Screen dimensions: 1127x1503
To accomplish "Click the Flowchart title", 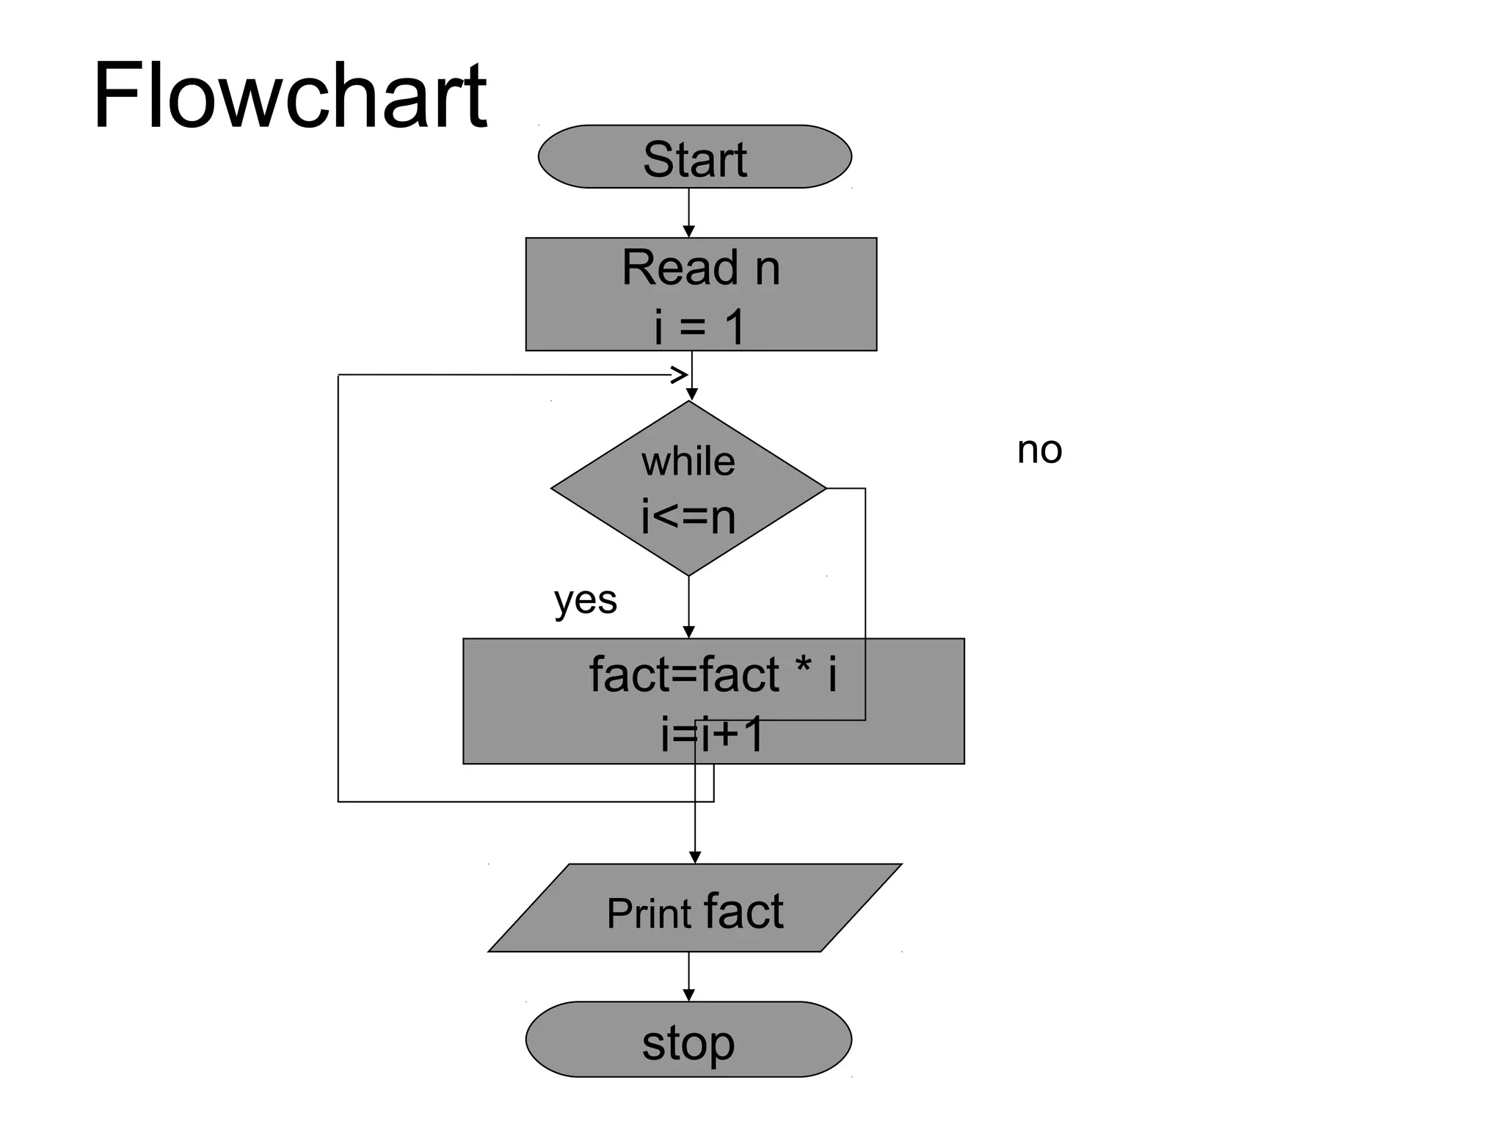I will pyautogui.click(x=289, y=95).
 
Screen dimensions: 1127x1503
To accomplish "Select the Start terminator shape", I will pyautogui.click(x=694, y=157).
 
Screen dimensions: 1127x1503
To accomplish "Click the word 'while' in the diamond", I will pyautogui.click(x=688, y=462).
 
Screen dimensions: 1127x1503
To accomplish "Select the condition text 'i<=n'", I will pyautogui.click(x=688, y=517).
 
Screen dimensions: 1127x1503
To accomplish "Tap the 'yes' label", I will pyautogui.click(x=585, y=601).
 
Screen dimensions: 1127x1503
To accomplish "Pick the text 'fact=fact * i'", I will pyautogui.click(x=713, y=674).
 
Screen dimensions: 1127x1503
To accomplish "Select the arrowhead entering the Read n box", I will pyautogui.click(x=688, y=232).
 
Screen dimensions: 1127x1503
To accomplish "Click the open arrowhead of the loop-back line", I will pyautogui.click(x=680, y=375).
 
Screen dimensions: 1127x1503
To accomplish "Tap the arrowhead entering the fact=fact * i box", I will pyautogui.click(x=688, y=632).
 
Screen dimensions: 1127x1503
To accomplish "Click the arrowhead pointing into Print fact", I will pyautogui.click(x=695, y=857).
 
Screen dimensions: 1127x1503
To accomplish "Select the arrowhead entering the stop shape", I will pyautogui.click(x=688, y=995).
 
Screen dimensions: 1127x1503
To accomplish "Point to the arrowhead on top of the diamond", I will pyautogui.click(x=691, y=395).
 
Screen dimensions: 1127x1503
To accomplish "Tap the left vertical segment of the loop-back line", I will pyautogui.click(x=338, y=587).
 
